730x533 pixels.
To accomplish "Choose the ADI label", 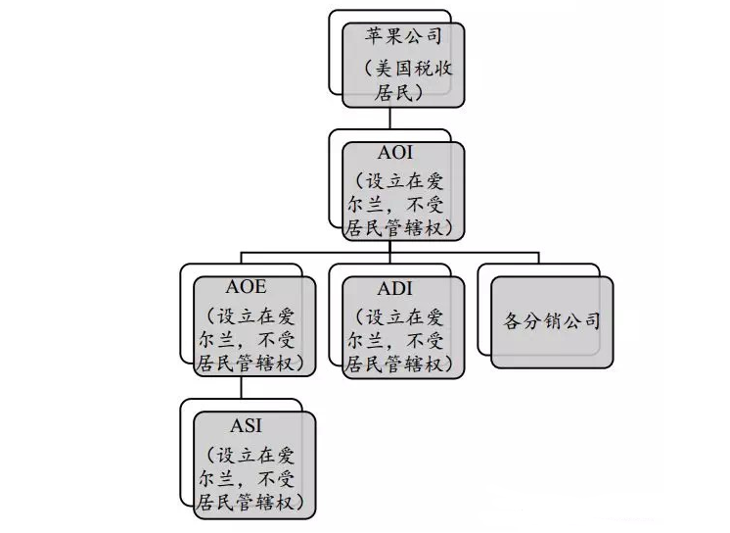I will (395, 288).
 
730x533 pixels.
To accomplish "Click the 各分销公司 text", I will (552, 320).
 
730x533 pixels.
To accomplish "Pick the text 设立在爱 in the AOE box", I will (255, 315).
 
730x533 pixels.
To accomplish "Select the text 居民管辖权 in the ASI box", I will (253, 502).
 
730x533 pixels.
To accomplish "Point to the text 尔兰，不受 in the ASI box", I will (253, 477).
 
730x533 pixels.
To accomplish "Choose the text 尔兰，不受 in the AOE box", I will (253, 340).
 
